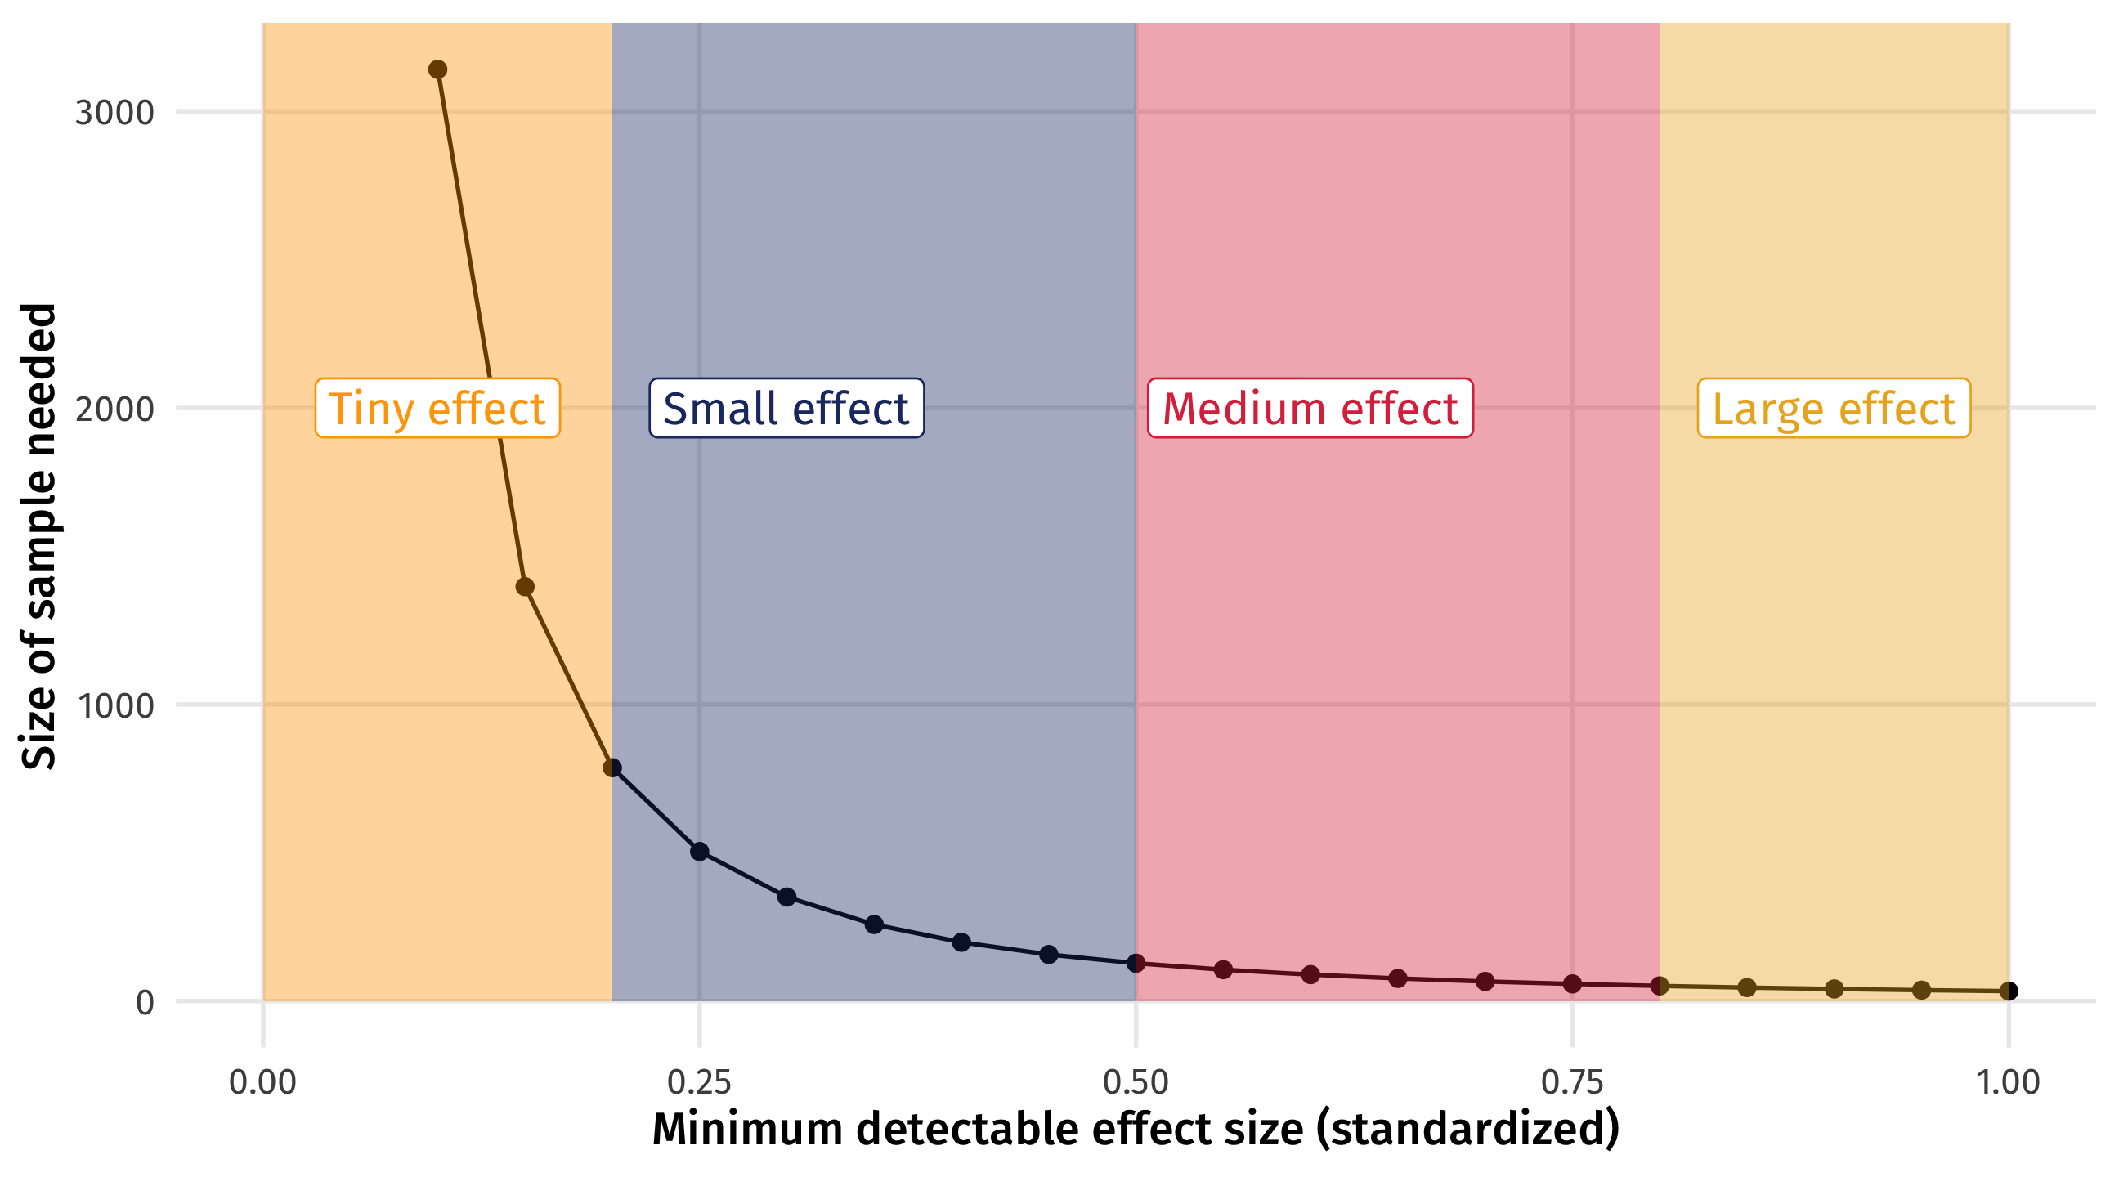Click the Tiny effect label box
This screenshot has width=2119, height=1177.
coord(437,408)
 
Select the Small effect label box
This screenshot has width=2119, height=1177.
coord(786,408)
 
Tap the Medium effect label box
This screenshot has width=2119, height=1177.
coord(1310,408)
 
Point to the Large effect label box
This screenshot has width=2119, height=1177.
coord(1834,408)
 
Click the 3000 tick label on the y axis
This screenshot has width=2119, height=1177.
coord(114,113)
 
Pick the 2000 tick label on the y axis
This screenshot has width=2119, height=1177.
coord(114,409)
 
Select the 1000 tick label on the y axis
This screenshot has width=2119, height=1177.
coord(115,705)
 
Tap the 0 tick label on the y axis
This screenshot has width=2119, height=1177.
coord(145,1003)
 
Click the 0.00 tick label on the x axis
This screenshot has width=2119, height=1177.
coord(262,1082)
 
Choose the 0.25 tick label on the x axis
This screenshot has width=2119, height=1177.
coord(699,1082)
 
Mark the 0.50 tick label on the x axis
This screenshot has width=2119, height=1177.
coord(1136,1082)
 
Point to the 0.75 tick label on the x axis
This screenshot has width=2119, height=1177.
coord(1572,1082)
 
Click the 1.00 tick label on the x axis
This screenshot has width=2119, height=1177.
coord(2009,1082)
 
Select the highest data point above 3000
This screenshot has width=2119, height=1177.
coord(437,70)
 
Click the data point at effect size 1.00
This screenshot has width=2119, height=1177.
coord(2009,991)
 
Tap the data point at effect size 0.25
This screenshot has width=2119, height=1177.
coord(699,852)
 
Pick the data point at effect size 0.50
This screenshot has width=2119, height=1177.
coord(1136,963)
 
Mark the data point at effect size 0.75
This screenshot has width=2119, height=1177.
coord(1572,984)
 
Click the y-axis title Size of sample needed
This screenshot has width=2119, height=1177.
coord(38,536)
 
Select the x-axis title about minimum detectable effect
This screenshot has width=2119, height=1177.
coord(1136,1130)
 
